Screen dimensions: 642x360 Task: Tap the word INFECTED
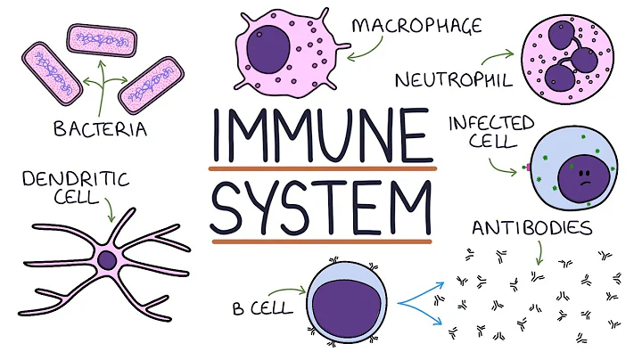pyautogui.click(x=490, y=122)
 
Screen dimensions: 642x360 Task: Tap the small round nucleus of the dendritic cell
pyautogui.click(x=107, y=260)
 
